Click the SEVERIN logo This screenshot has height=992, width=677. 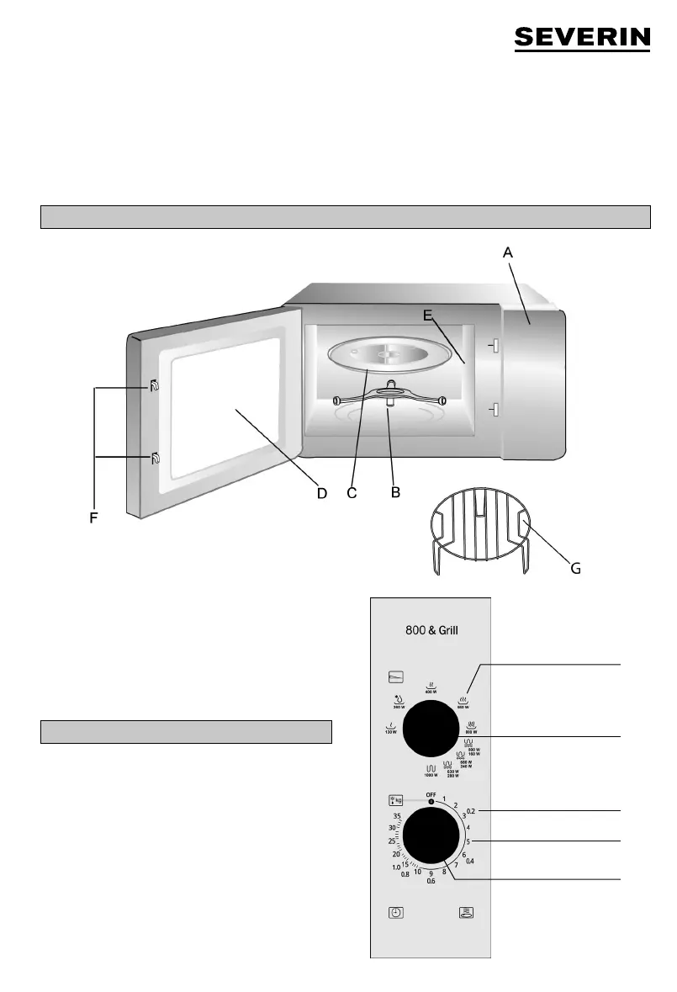coord(582,39)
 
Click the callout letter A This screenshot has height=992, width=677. coord(507,251)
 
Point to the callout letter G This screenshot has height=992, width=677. coord(575,568)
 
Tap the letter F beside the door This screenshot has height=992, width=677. coord(94,519)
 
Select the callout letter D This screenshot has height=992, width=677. coord(321,493)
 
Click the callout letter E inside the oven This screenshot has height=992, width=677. coord(428,316)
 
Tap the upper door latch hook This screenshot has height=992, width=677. coord(154,387)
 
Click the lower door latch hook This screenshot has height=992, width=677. coord(154,457)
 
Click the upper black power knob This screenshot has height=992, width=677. coord(431,727)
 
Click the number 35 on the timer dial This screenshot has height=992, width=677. coord(396,817)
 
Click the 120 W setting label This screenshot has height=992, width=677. coord(390,729)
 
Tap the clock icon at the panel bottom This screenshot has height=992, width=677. coord(396,912)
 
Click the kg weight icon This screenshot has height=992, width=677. coord(396,801)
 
